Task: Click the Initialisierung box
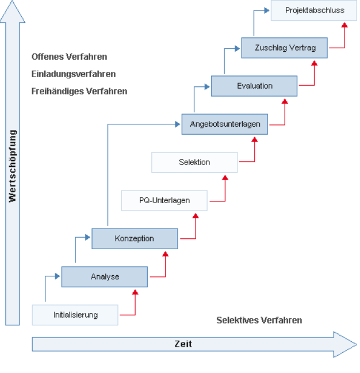point(75,315)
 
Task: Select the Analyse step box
point(105,277)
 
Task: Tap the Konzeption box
point(135,238)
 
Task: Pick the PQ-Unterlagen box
point(164,200)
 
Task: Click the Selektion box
point(194,162)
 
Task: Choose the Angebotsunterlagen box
point(225,124)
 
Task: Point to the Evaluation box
point(254,86)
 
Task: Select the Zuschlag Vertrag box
point(285,48)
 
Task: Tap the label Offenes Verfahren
point(70,57)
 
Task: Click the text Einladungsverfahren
point(74,74)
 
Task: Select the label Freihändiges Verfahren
point(80,92)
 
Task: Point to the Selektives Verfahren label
point(259,320)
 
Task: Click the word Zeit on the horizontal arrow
point(183,344)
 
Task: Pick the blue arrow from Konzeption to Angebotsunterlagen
point(108,173)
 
